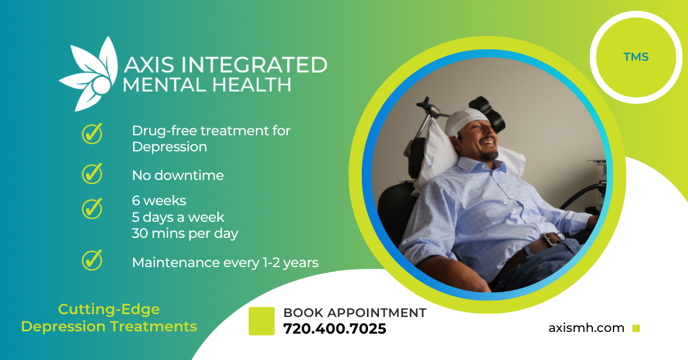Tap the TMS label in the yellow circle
(x=636, y=57)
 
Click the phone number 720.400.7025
(x=334, y=328)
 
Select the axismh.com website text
(x=587, y=328)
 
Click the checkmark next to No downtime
(x=92, y=174)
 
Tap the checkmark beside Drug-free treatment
(x=92, y=134)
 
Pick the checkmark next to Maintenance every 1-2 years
(x=92, y=260)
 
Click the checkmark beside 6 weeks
(x=92, y=209)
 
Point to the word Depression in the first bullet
(x=169, y=147)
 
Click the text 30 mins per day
(x=185, y=233)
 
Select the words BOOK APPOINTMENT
(x=355, y=312)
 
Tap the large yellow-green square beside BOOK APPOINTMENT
(x=261, y=321)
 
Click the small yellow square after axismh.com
(x=636, y=328)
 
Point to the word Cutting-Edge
(x=109, y=310)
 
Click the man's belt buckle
(x=551, y=239)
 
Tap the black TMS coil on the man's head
(x=488, y=113)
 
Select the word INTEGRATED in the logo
(x=254, y=65)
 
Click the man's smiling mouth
(x=489, y=143)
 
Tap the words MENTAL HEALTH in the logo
(x=207, y=85)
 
